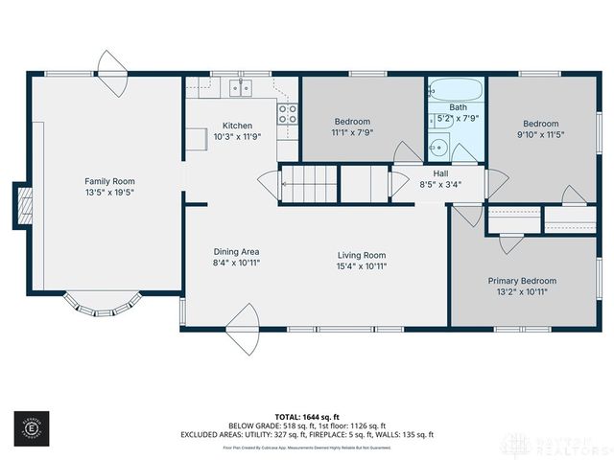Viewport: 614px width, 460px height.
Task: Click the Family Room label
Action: [109, 181]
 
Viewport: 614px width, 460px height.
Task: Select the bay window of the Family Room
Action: [102, 305]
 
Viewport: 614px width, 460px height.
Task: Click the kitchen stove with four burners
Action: [288, 115]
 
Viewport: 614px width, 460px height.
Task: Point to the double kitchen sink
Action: [239, 89]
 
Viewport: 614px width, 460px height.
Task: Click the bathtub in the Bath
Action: [458, 94]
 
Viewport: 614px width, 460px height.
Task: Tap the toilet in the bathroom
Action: [437, 148]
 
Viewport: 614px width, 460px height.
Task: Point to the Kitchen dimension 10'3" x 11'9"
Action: [237, 137]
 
